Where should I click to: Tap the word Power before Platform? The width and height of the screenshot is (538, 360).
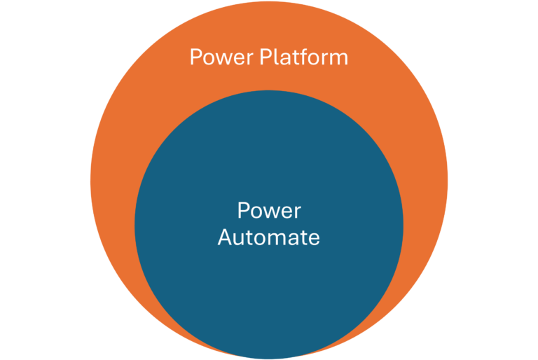click(x=221, y=57)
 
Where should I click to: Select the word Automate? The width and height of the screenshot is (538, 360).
click(x=268, y=237)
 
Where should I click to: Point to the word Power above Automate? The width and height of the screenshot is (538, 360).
click(x=269, y=211)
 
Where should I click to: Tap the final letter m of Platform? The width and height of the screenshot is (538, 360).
click(x=339, y=57)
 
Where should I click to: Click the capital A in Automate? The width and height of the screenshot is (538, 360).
click(x=225, y=237)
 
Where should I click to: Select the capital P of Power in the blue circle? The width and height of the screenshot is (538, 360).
click(x=243, y=211)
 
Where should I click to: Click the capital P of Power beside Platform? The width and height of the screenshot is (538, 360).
click(x=195, y=57)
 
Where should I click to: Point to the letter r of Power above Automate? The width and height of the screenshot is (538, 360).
click(x=297, y=212)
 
